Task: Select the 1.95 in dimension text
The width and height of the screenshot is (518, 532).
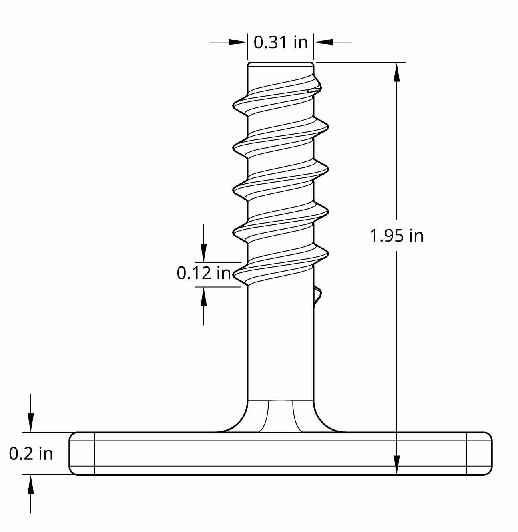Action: coord(396,236)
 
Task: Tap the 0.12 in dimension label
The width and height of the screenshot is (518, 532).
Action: coord(204,273)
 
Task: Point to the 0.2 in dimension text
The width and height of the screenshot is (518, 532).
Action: coord(31,453)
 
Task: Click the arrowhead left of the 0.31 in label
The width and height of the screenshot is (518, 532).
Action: coord(237,42)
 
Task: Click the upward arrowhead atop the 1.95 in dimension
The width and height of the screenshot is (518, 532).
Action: coord(397,72)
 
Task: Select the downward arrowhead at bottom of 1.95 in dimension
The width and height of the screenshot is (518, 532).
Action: coord(397,465)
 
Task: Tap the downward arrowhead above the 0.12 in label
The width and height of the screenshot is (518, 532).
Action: coord(204,254)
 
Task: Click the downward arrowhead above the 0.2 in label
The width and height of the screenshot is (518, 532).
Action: coord(31,423)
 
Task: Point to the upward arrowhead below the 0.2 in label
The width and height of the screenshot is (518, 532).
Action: coord(31,484)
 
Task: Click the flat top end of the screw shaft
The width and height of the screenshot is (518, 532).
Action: coord(280,63)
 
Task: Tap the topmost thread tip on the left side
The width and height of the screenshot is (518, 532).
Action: coord(235,106)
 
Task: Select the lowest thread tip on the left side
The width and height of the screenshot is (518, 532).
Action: coord(235,274)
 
